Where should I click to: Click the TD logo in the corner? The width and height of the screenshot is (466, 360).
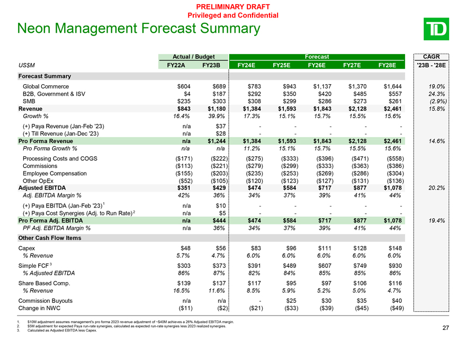436,29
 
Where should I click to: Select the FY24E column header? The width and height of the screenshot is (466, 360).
246,65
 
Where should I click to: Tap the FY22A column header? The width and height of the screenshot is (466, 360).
176,65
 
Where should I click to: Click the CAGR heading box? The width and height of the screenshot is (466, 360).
431,57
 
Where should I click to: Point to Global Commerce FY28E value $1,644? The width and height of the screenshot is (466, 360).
392,86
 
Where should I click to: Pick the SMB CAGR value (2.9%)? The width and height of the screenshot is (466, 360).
438,101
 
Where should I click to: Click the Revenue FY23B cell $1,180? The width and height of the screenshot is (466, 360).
217,109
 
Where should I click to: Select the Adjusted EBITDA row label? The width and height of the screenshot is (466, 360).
42,188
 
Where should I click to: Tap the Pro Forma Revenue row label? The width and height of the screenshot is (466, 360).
46,141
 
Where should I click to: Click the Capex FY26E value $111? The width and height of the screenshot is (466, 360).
325,248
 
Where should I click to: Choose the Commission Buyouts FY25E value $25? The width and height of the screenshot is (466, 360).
291,301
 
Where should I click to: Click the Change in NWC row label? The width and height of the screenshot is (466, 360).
39,308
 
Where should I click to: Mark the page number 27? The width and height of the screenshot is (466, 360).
445,328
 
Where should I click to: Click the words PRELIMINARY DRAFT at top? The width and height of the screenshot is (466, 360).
233,7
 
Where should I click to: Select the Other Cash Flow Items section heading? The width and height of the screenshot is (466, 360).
50,238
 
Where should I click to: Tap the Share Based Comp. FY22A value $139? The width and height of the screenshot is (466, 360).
184,283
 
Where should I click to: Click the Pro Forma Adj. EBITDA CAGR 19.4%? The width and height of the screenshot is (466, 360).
436,221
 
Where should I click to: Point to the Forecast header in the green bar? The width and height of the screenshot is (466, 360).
317,57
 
